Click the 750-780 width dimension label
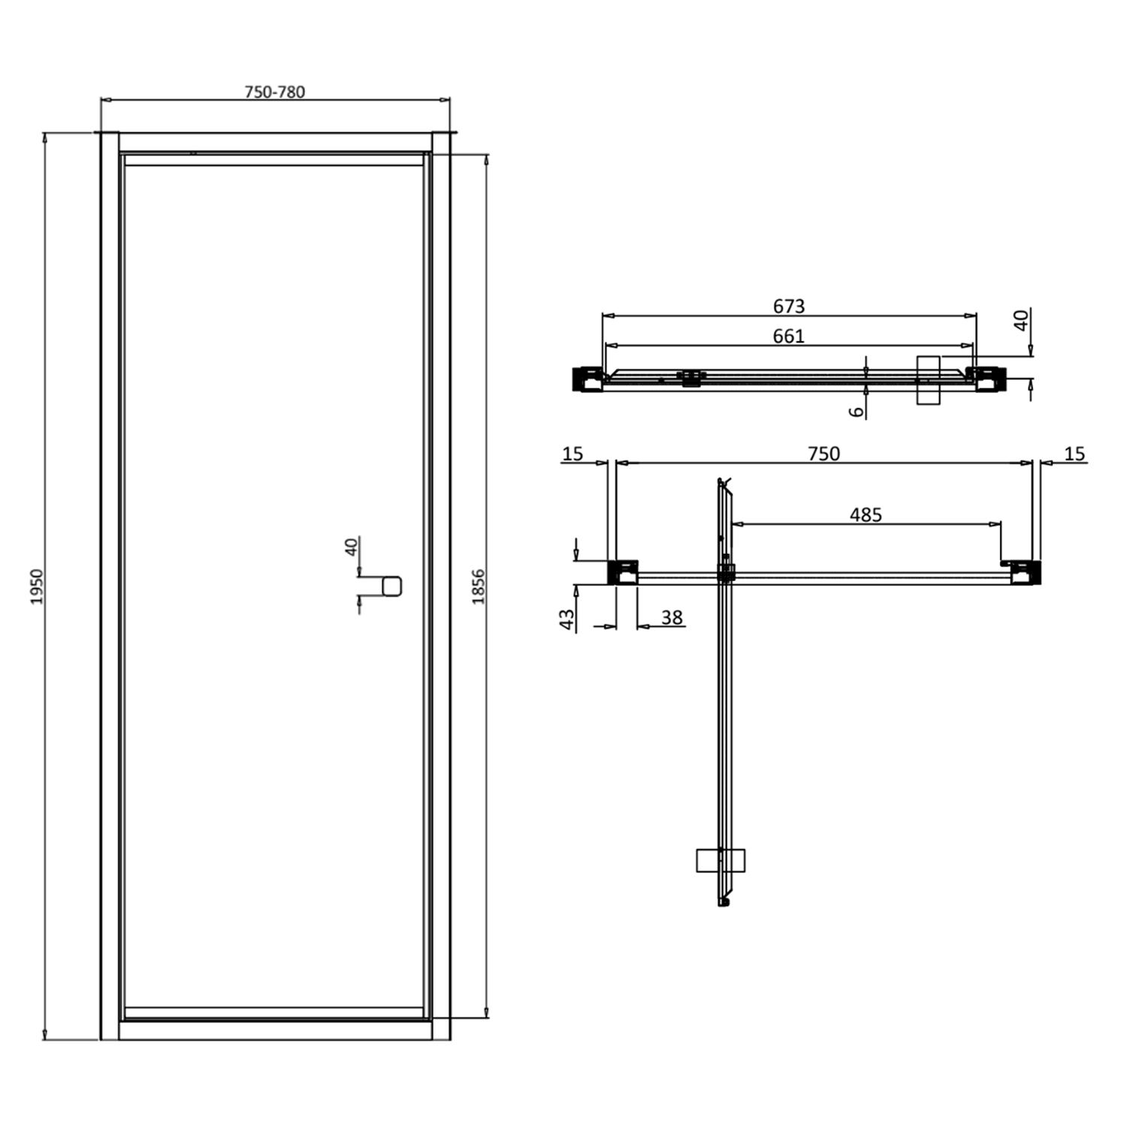275,92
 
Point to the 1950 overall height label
38,587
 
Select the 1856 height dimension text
479,587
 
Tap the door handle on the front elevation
392,586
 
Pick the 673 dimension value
788,307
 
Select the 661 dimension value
788,336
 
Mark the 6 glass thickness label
857,411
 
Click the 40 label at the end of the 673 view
1021,321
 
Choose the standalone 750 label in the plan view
823,454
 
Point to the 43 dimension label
567,618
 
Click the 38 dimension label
672,617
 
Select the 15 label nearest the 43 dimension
573,454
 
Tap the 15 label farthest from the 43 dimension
1074,454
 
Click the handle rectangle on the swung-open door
720,860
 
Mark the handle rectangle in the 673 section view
929,380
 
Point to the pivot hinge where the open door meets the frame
726,573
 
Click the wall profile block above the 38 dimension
623,573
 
